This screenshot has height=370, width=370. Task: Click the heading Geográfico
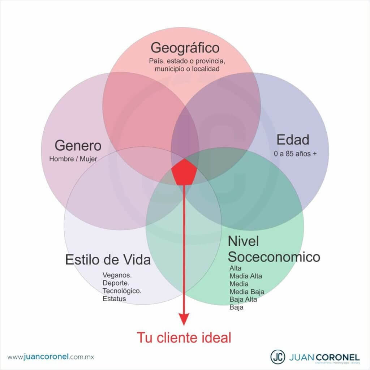[x=185, y=48]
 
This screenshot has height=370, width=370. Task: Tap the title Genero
[x=78, y=146]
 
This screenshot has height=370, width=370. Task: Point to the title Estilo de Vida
[x=108, y=260]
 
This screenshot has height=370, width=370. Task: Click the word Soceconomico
[x=274, y=257]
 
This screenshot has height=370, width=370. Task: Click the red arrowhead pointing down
[x=184, y=318]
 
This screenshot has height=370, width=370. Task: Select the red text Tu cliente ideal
[x=184, y=338]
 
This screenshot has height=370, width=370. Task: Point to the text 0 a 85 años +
[x=296, y=154]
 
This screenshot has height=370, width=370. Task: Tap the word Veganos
[x=117, y=275]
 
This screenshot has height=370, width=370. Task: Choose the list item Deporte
[x=116, y=283]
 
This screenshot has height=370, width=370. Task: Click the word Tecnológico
[x=122, y=291]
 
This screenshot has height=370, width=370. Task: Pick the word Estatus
[x=114, y=299]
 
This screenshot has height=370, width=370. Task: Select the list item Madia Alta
[x=246, y=276]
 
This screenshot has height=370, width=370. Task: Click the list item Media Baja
[x=247, y=292]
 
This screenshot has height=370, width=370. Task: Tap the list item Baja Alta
[x=243, y=299]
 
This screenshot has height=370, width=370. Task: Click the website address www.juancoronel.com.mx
[x=51, y=357]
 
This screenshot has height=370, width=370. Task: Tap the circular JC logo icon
[x=277, y=356]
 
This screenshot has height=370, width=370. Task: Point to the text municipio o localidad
[x=184, y=68]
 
